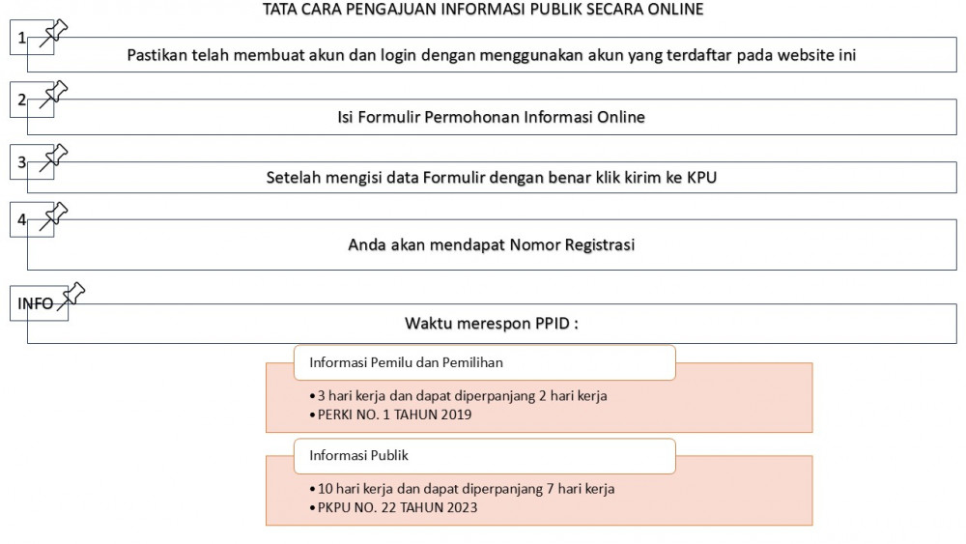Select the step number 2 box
click(x=22, y=100)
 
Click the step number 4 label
click(x=22, y=219)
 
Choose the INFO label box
click(x=36, y=303)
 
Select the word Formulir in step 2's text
click(x=393, y=118)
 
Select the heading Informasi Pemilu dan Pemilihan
click(x=406, y=363)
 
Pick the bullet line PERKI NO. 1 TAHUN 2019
click(x=395, y=415)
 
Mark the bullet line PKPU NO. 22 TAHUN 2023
click(x=398, y=507)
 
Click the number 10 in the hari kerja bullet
click(x=327, y=489)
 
